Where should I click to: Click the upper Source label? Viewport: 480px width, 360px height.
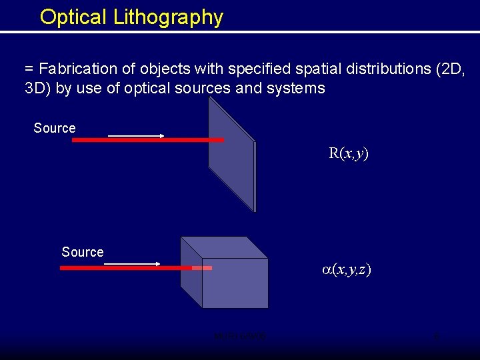coord(55,128)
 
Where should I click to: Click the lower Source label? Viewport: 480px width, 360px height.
coord(83,252)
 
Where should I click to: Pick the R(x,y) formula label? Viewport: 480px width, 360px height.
coord(349,153)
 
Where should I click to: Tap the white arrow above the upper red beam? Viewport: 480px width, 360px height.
coord(136,135)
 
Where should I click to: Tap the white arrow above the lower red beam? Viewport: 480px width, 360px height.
coord(133,263)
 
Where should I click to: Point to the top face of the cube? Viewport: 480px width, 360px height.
coord(225,247)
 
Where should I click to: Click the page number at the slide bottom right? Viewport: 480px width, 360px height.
coord(436,337)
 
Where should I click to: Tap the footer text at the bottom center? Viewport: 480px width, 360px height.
coord(239,337)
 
